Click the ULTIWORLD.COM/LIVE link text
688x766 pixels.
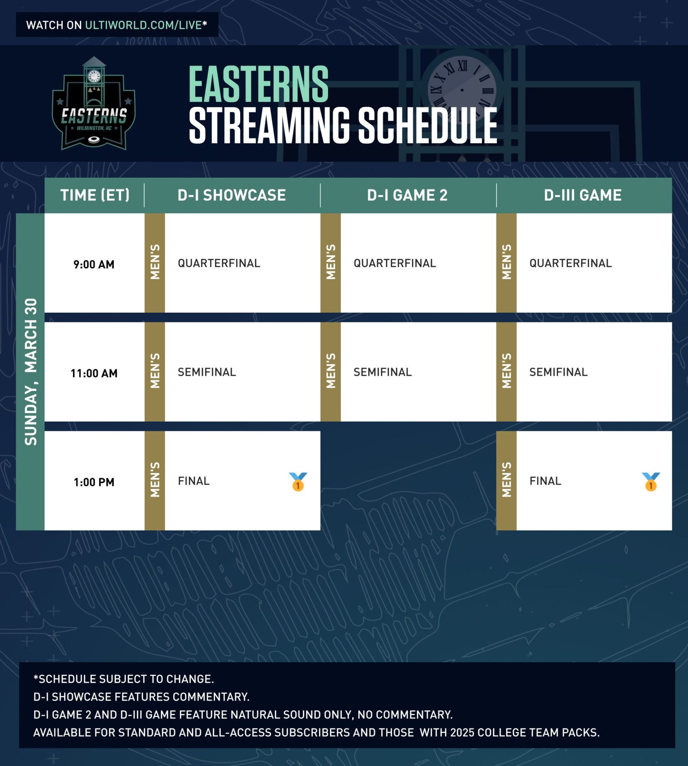tap(144, 25)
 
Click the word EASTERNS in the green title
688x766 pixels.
tap(259, 85)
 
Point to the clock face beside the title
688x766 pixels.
tap(462, 90)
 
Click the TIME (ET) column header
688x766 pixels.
tap(95, 195)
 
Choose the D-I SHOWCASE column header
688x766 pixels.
tap(232, 195)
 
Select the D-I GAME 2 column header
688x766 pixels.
tap(407, 195)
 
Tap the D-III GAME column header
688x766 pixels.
tap(582, 195)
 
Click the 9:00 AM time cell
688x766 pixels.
tap(94, 264)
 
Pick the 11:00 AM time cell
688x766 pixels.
tap(94, 373)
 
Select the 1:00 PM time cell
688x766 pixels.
tap(94, 482)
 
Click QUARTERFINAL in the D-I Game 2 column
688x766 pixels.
tap(395, 263)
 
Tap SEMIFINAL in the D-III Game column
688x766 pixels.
tap(558, 372)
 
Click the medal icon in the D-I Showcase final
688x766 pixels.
tap(298, 481)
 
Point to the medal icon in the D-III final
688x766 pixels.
tap(651, 481)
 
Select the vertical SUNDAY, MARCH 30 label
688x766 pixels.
tap(31, 371)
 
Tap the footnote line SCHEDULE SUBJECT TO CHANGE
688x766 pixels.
tap(123, 679)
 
